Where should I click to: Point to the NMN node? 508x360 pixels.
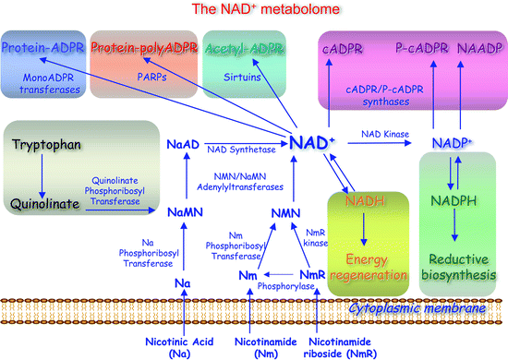[x=286, y=213]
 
